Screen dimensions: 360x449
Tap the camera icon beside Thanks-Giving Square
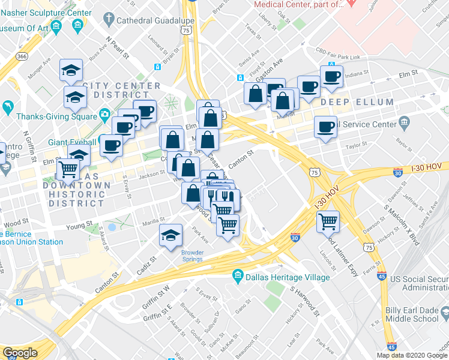(x=105, y=114)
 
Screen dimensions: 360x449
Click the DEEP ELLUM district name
(x=357, y=103)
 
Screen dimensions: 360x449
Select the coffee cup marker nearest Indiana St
(x=331, y=77)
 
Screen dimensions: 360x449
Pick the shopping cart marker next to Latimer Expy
(x=328, y=221)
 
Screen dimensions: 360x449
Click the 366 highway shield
(x=22, y=56)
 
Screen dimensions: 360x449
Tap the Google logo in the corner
(x=20, y=353)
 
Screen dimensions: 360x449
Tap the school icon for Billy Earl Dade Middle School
(x=445, y=313)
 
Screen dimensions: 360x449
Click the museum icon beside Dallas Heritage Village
(x=238, y=277)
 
